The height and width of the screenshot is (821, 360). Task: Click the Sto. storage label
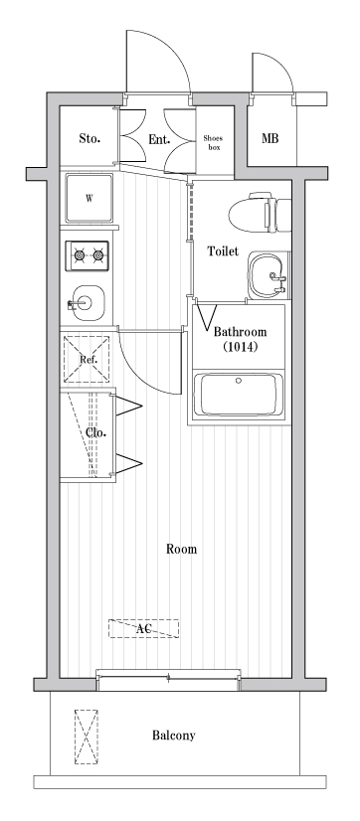(90, 139)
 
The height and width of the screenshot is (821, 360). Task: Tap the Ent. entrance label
(159, 139)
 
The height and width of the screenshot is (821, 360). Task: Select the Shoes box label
(213, 143)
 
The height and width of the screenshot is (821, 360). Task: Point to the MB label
(270, 139)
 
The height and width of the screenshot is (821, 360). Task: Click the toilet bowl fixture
(260, 212)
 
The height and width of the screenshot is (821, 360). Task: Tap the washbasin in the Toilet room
(268, 275)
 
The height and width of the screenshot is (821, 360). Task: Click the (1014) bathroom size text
(240, 347)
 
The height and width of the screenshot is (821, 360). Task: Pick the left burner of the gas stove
(80, 255)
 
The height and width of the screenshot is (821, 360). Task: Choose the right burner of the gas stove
(97, 255)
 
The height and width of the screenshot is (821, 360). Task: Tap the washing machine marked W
(90, 199)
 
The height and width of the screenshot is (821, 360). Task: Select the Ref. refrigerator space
(87, 359)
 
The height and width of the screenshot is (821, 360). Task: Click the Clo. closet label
(95, 432)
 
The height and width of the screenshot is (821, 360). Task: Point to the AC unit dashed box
(143, 628)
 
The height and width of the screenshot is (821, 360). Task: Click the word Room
(181, 549)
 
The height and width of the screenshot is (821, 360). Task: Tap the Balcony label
(173, 736)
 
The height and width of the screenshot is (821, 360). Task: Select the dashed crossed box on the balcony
(86, 737)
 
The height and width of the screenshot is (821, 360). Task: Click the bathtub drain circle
(239, 381)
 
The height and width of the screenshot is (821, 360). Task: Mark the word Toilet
(223, 251)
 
